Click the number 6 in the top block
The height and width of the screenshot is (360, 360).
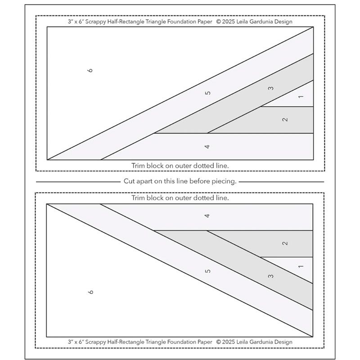coord(90,70)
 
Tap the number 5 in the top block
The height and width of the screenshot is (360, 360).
coord(207,93)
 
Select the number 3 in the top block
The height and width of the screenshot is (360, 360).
coord(271,88)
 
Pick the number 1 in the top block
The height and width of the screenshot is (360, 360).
coord(301,97)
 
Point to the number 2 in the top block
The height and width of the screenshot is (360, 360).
coord(285,120)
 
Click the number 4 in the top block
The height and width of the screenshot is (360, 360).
coord(207,147)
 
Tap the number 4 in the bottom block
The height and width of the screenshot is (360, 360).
coord(207,216)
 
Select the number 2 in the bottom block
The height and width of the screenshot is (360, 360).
coord(285,243)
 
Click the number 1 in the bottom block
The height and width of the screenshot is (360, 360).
coord(301,266)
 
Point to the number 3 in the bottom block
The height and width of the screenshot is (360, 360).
coord(271,276)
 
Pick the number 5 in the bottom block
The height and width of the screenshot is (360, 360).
coord(207,270)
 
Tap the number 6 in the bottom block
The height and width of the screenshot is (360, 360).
coord(90,292)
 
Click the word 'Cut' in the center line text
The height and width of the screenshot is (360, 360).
coord(129,182)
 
